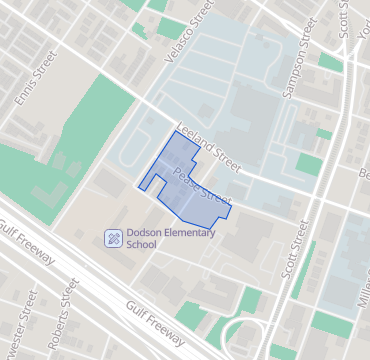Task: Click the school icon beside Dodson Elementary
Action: click(x=113, y=238)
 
